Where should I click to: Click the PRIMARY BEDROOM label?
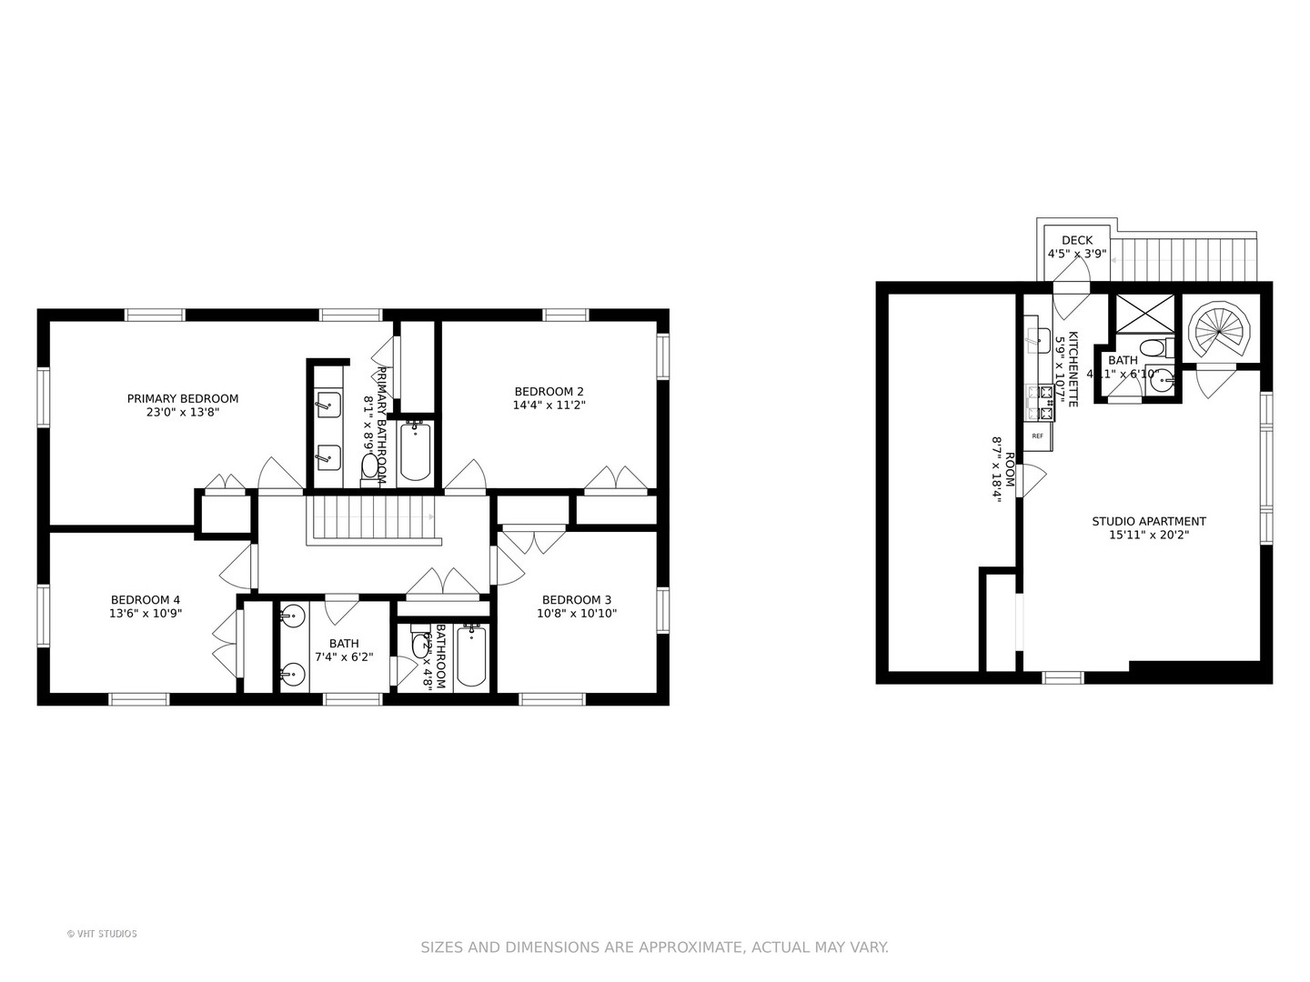(182, 398)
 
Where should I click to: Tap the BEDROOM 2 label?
(549, 392)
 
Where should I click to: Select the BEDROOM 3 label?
(577, 599)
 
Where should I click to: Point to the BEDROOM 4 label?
(146, 599)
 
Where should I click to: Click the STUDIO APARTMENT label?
(1149, 521)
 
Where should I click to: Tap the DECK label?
(1077, 241)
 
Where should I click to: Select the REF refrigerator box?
(1037, 436)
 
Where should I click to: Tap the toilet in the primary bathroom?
(370, 466)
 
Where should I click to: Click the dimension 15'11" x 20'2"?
(1149, 535)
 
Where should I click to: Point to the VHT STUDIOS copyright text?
(102, 934)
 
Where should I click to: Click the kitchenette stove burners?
(1040, 403)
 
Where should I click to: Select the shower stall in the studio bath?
(1143, 314)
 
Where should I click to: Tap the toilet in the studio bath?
(1154, 348)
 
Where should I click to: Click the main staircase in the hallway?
(372, 517)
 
